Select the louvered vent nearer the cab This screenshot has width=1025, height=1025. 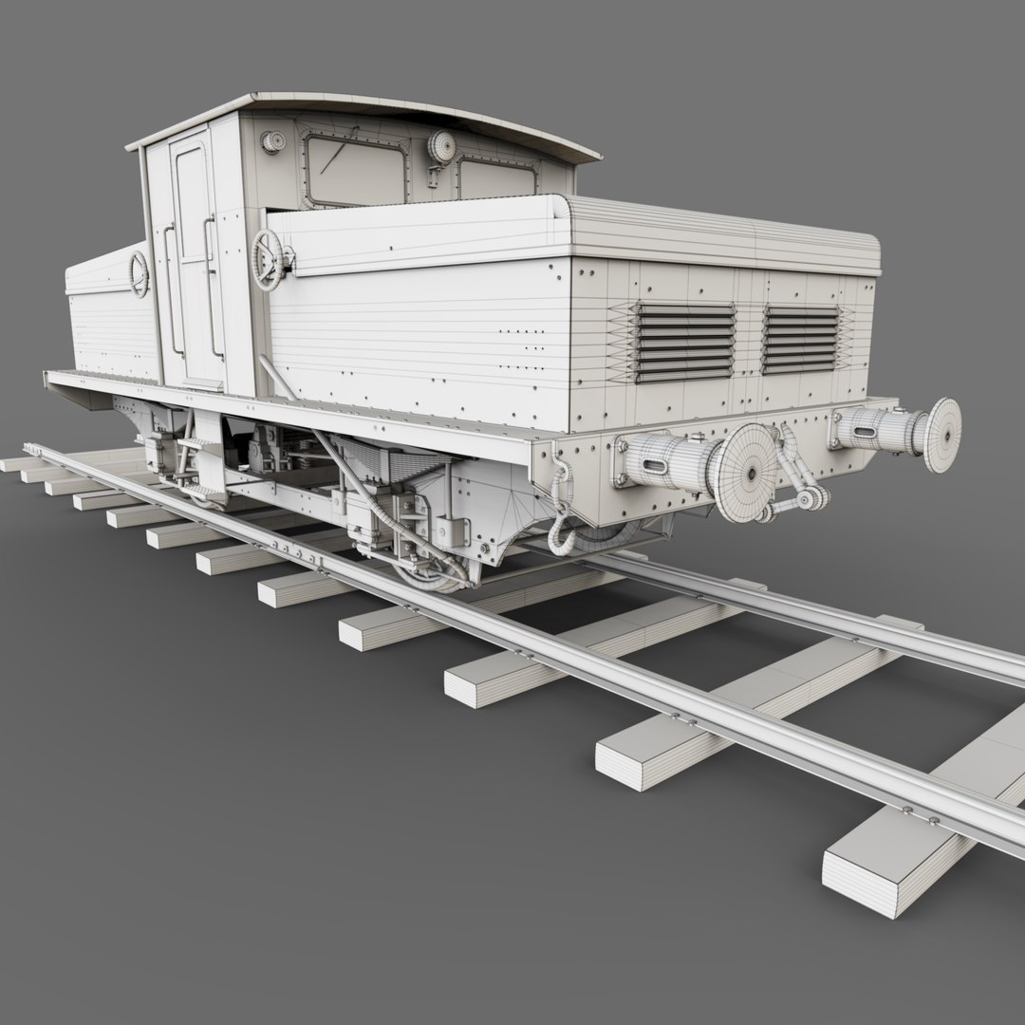pos(684,343)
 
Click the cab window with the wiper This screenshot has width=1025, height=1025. pos(353,169)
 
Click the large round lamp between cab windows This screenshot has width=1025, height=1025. pos(440,146)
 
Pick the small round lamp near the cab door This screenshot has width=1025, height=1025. pos(272,142)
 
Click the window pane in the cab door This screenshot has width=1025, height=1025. pos(192,204)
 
